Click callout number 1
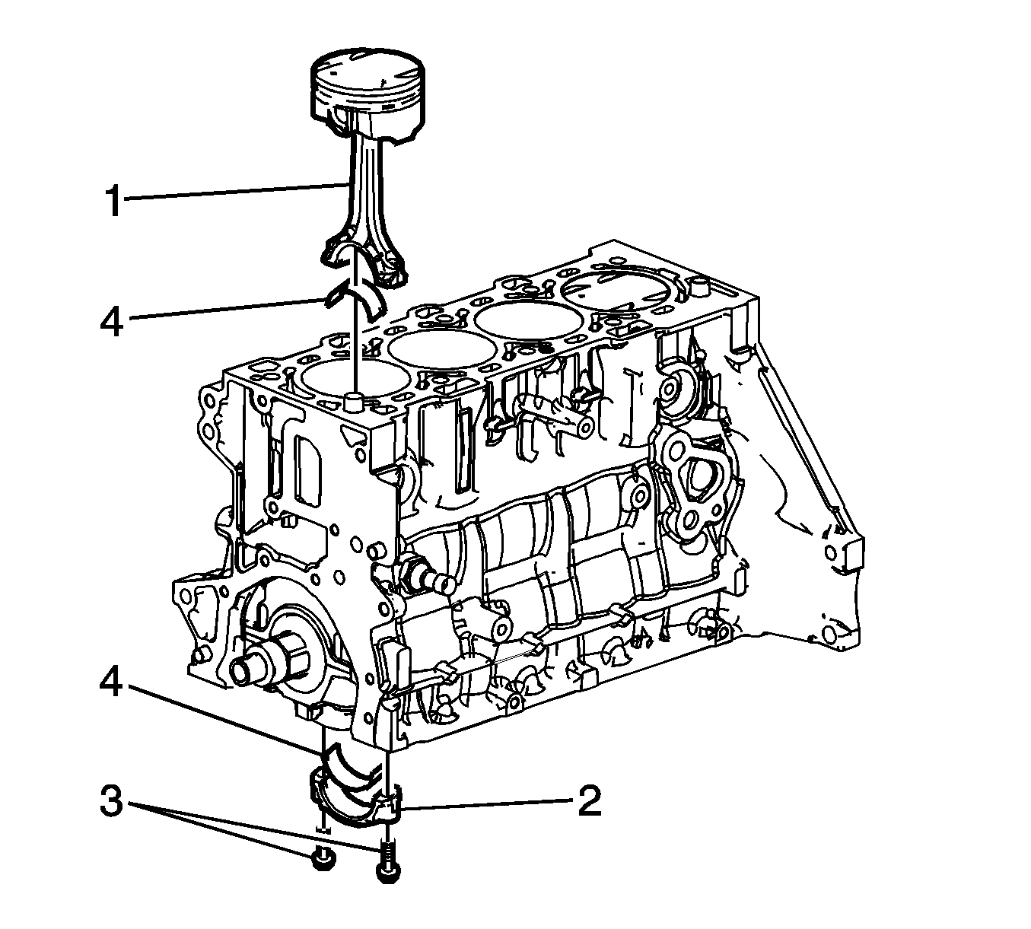coord(114,202)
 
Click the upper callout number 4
coord(112,320)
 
